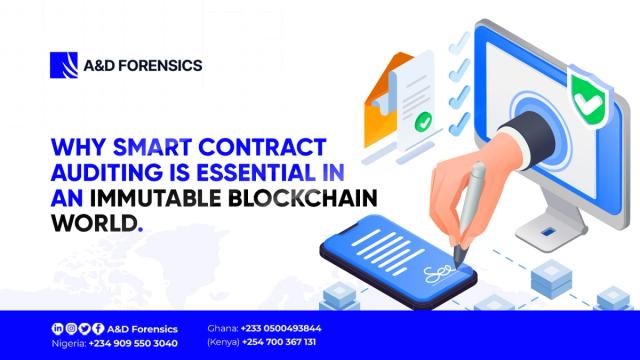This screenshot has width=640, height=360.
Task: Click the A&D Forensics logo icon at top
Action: (63, 65)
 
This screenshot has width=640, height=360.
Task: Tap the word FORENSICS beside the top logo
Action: (162, 65)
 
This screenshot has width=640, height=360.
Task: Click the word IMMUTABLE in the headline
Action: (136, 198)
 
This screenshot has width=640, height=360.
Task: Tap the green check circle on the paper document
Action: (424, 125)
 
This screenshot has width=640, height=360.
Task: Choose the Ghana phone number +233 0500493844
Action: (279, 327)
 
